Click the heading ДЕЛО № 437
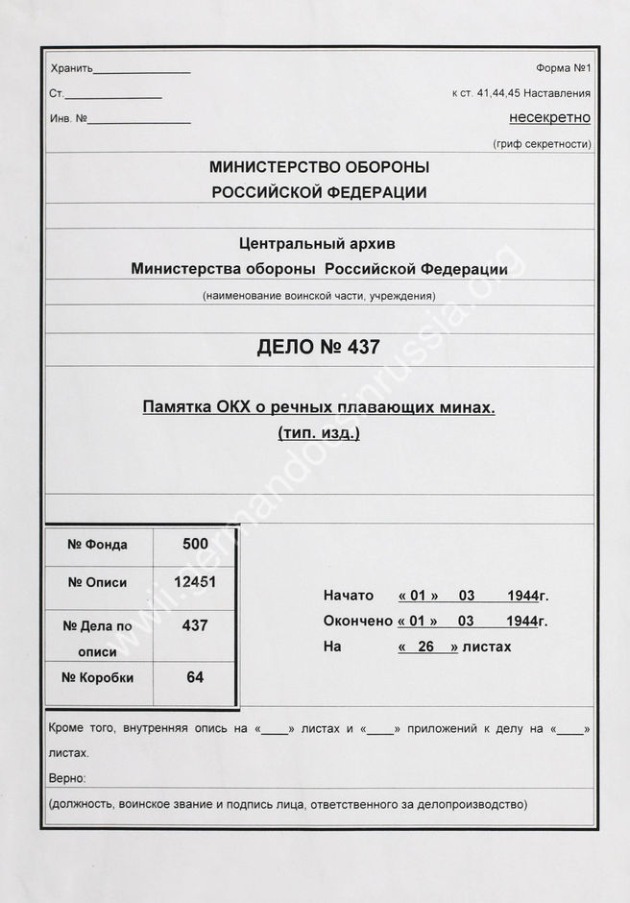(x=319, y=348)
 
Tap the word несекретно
(x=549, y=118)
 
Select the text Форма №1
(x=564, y=68)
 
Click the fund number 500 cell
(x=195, y=544)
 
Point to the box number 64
(x=195, y=677)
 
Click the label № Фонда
(x=97, y=545)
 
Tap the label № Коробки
(x=97, y=677)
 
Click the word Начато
(x=349, y=596)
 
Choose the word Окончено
(x=358, y=622)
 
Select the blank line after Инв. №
(x=140, y=122)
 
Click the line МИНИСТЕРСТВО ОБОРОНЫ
(x=319, y=167)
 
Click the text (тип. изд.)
(x=319, y=433)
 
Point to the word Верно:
(x=67, y=777)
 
